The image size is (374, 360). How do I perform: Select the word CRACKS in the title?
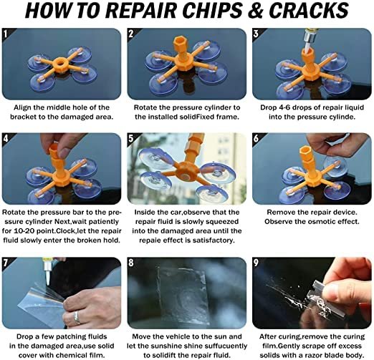tap(311, 12)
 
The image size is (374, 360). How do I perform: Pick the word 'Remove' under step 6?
tap(284, 213)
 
